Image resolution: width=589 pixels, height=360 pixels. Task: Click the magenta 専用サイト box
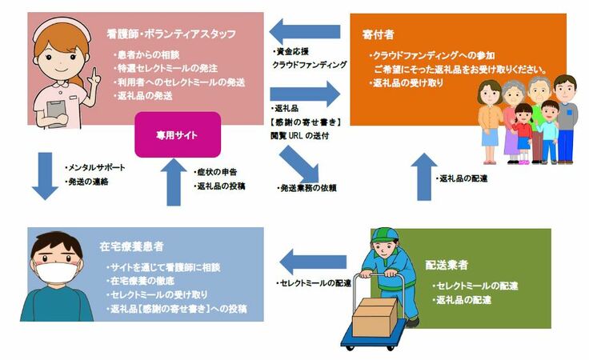(x=177, y=135)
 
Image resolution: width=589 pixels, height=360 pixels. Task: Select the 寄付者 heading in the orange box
(x=376, y=34)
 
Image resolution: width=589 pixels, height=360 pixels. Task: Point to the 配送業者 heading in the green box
(x=449, y=264)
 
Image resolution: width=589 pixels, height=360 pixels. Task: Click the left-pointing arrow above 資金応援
(x=295, y=32)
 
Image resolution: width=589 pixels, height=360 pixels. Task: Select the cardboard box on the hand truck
(x=374, y=317)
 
